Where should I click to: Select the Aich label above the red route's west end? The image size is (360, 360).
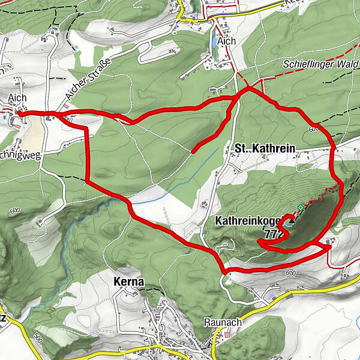point(17,98)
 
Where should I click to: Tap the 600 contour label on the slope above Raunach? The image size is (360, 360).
point(292,274)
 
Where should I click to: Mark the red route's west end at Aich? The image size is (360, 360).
point(19,112)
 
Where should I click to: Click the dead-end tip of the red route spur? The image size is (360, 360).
point(193,151)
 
